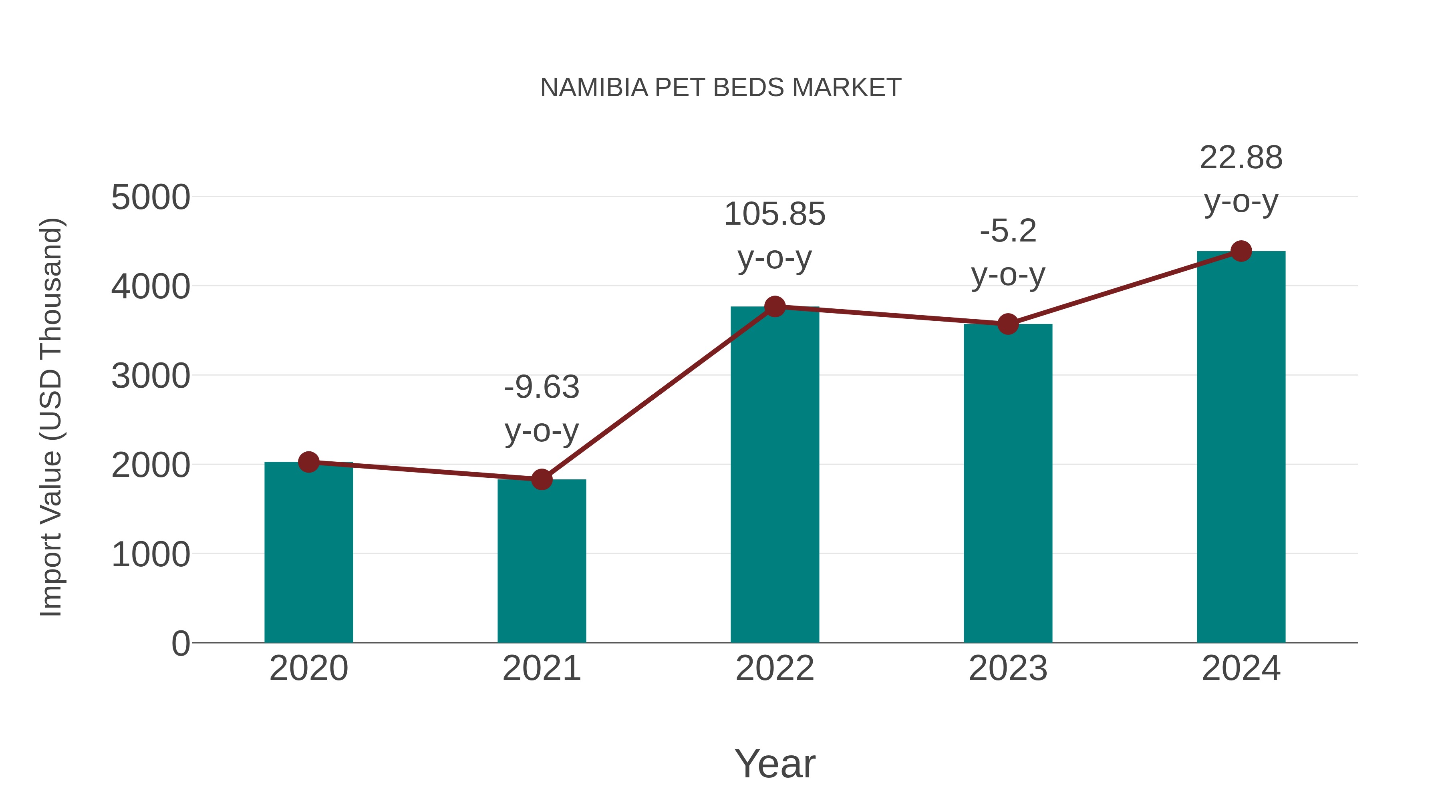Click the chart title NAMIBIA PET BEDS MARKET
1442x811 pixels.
pos(721,87)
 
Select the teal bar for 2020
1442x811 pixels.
pos(308,554)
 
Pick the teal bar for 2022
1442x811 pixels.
pos(775,476)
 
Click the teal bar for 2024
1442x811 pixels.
pos(1241,448)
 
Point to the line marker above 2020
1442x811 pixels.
pos(308,462)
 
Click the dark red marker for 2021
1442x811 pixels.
pos(541,479)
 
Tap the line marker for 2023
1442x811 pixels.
pos(1008,324)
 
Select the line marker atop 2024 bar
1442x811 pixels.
pos(1241,251)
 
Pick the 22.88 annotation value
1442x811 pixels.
pos(1241,158)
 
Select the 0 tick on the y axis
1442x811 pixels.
pos(180,644)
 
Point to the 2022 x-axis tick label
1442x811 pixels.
pos(775,668)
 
